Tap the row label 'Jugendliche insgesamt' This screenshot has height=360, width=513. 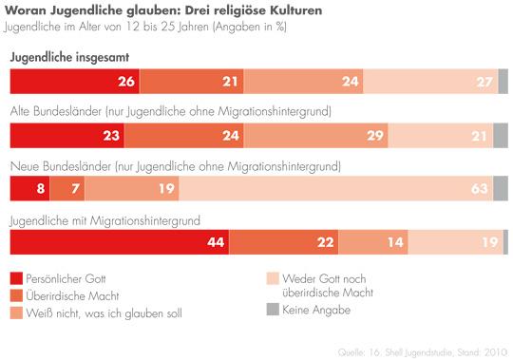[x=69, y=59]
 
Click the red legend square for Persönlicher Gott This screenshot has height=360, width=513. [x=15, y=279]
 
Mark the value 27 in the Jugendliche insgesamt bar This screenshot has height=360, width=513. [x=484, y=82]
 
